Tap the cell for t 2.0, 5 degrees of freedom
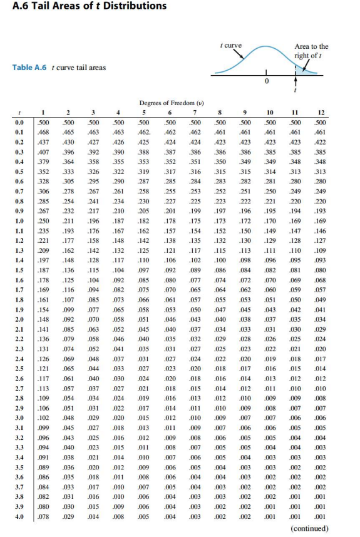144,319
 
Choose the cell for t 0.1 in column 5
144,133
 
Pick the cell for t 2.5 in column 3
94,368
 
